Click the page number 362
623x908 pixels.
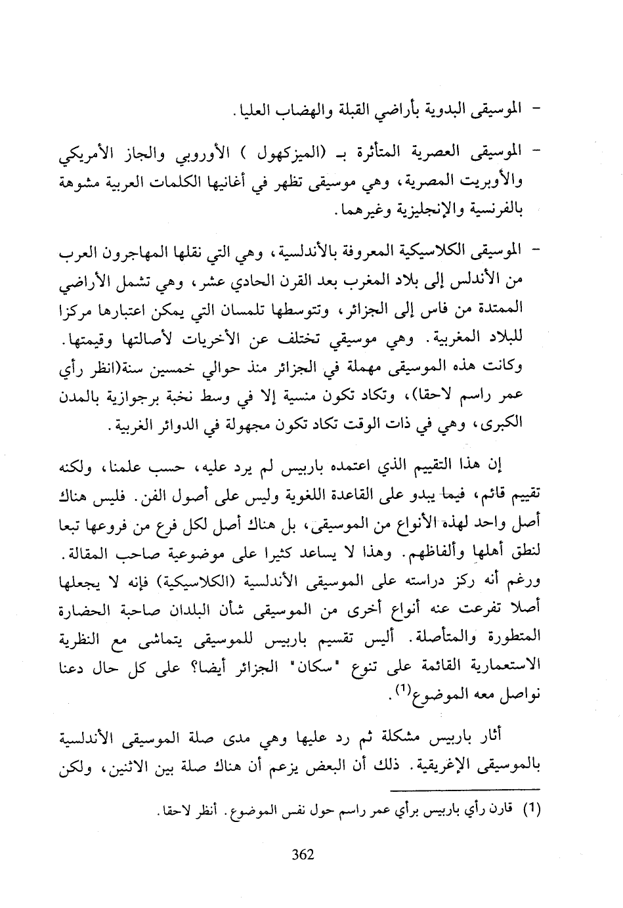[303, 854]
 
